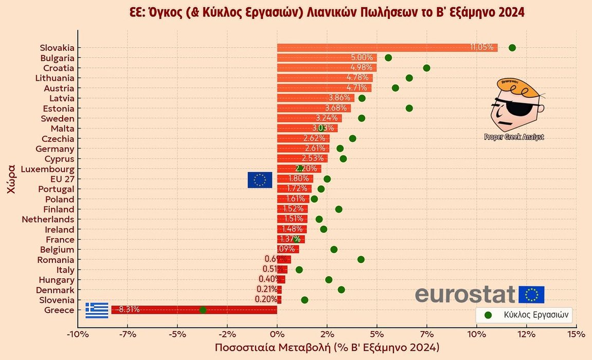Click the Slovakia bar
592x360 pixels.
(386, 48)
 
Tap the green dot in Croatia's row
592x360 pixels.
(426, 68)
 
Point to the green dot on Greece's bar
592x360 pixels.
(203, 310)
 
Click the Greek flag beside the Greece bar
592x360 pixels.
(97, 310)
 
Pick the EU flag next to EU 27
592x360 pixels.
(260, 179)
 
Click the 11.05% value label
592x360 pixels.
(482, 48)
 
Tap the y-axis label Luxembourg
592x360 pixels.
(47, 169)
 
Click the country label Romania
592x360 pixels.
(57, 260)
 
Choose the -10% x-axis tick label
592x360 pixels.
(78, 334)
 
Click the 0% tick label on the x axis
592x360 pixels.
(277, 334)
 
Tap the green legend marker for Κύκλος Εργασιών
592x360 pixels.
(488, 315)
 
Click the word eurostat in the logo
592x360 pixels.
(464, 295)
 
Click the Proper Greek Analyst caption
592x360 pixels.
(514, 137)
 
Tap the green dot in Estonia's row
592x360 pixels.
(409, 108)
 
